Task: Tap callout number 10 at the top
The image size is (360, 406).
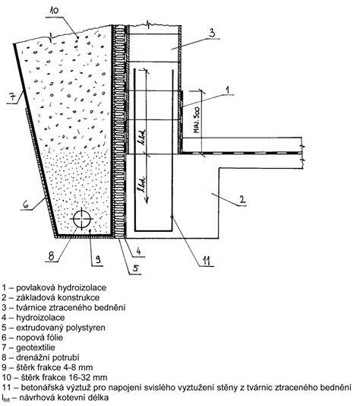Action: point(54,11)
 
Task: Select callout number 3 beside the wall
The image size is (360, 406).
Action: point(212,33)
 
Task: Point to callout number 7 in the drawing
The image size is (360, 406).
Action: point(12,97)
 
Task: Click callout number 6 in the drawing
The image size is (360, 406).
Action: point(26,205)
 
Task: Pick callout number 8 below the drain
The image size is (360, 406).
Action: point(51,256)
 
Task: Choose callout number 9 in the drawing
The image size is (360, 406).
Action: point(98,259)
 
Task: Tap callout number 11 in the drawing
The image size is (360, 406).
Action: point(206,261)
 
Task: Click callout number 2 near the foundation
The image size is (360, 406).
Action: point(242,200)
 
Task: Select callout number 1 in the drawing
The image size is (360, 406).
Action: point(227,90)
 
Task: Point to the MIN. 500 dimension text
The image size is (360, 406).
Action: point(197,120)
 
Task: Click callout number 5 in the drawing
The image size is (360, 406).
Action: point(136,268)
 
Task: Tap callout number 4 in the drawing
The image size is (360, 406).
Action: point(138,251)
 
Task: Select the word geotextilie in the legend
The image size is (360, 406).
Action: point(36,347)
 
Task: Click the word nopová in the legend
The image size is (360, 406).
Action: point(29,338)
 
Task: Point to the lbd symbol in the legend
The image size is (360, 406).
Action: point(5,398)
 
